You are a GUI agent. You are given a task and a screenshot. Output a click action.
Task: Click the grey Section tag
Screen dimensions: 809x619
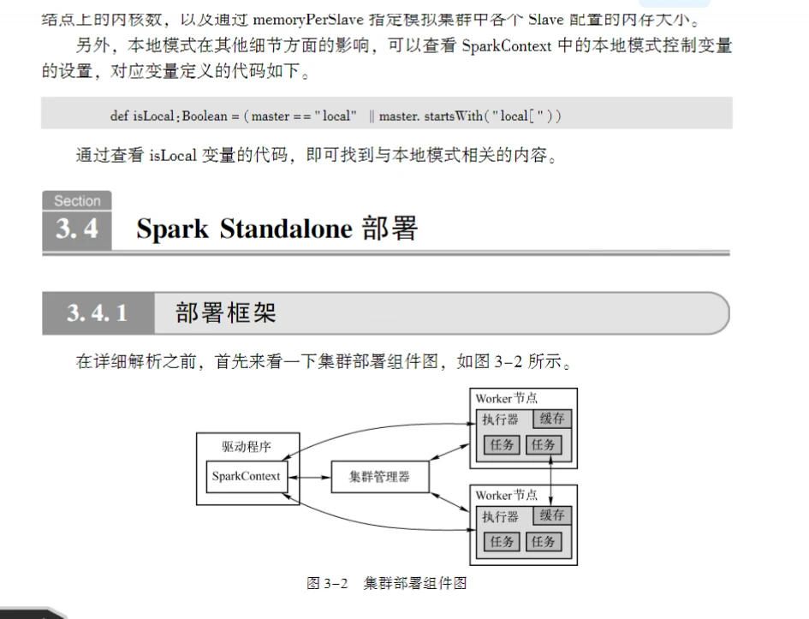click(77, 201)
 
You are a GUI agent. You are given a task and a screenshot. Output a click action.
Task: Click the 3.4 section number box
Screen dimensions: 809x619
click(77, 229)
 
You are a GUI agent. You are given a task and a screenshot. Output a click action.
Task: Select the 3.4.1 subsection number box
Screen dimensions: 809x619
click(98, 313)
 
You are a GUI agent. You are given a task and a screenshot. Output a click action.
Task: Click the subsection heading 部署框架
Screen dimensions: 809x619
click(226, 313)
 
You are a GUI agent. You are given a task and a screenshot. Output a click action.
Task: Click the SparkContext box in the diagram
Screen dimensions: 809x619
click(246, 476)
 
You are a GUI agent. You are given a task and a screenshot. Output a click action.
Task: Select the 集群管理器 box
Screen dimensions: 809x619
click(379, 476)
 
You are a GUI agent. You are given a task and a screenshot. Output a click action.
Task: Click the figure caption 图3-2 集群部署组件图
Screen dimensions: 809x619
click(386, 583)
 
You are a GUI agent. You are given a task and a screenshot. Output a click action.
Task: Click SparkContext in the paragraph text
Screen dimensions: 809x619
click(506, 46)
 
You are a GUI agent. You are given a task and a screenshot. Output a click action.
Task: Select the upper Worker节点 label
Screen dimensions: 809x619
click(507, 398)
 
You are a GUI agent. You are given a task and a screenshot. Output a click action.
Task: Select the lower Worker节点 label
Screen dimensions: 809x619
click(507, 495)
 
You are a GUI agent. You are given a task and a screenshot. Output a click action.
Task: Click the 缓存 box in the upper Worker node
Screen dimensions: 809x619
click(552, 419)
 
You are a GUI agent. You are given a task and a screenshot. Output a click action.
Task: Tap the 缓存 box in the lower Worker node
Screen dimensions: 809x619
click(552, 515)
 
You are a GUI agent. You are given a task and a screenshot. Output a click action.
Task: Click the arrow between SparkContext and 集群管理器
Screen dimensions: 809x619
click(309, 476)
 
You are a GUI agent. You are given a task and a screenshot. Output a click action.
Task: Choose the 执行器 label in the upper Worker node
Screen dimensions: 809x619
click(500, 420)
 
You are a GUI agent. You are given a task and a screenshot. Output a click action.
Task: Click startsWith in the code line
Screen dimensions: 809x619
click(463, 116)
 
